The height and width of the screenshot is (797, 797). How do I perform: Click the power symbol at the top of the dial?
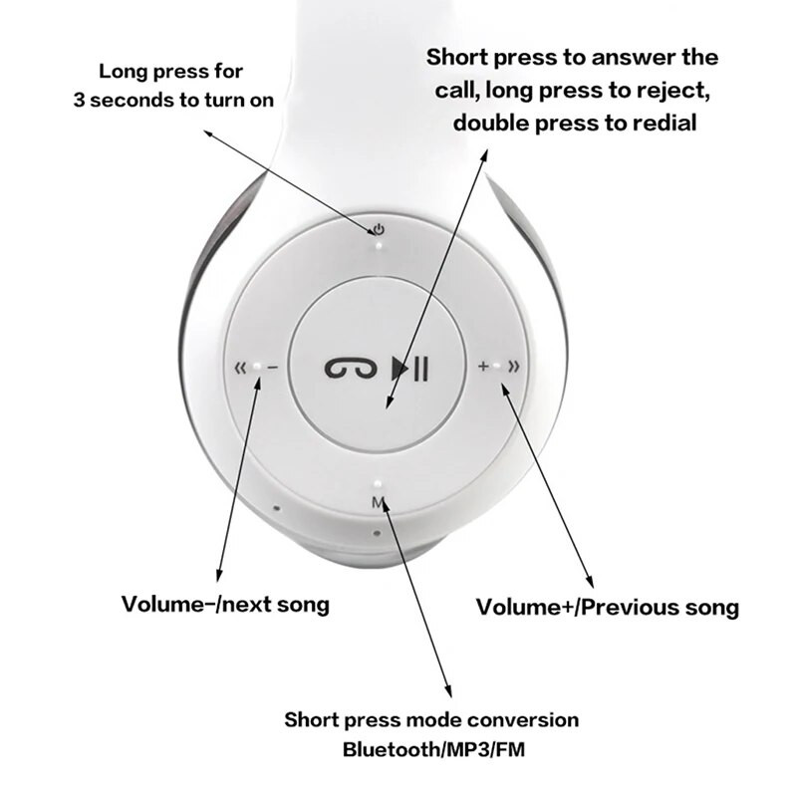[x=380, y=229]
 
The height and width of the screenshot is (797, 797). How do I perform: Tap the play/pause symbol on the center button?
[x=411, y=369]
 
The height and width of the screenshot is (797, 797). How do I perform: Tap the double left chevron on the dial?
[x=239, y=368]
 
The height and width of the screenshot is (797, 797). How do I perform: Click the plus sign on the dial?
[x=483, y=368]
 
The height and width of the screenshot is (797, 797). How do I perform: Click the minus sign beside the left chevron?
[x=272, y=368]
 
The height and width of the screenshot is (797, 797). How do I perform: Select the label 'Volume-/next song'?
[x=224, y=604]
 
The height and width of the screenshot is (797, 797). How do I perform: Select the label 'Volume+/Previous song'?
[x=608, y=607]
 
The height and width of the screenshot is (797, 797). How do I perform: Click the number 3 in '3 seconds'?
[x=79, y=101]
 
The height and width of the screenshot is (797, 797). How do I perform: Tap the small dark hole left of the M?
[x=276, y=508]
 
